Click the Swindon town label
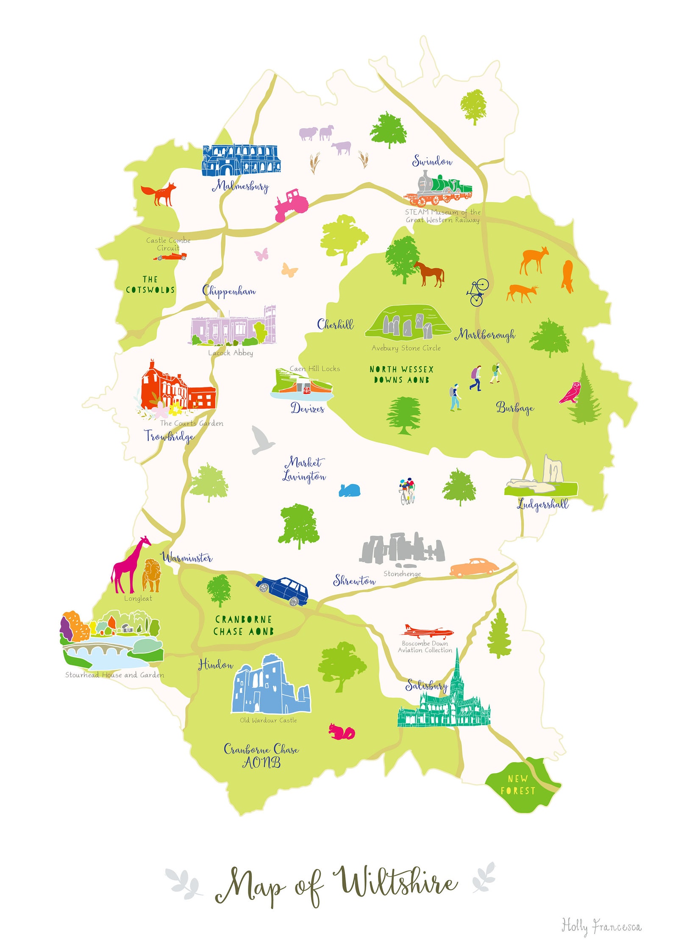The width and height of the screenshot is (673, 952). tap(432, 161)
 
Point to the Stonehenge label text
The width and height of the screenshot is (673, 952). tap(402, 574)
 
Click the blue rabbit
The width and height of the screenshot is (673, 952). tap(350, 490)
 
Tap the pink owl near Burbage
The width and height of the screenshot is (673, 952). tap(570, 393)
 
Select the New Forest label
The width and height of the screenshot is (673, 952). tap(518, 785)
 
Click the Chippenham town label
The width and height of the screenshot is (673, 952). tap(229, 291)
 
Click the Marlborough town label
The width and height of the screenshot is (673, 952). tap(485, 335)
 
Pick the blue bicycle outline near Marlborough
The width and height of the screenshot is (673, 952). tap(478, 292)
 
